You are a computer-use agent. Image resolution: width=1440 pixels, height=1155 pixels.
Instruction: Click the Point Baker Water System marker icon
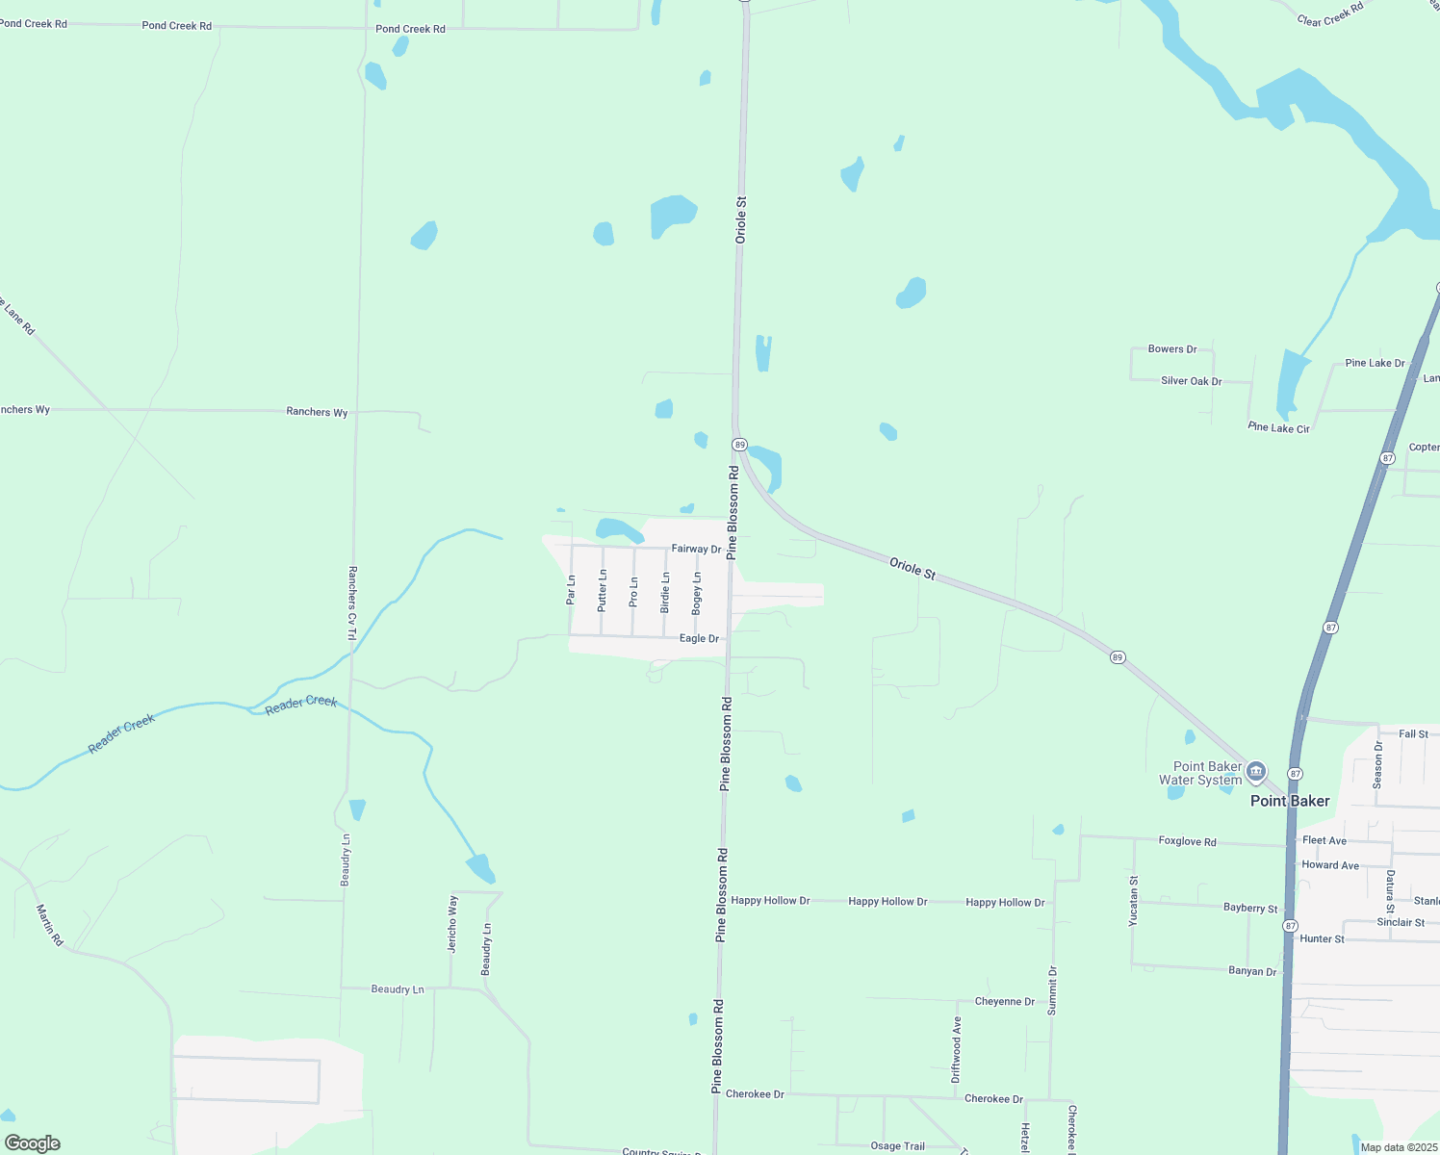coord(1256,772)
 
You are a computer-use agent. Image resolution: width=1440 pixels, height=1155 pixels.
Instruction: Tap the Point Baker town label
coord(1290,801)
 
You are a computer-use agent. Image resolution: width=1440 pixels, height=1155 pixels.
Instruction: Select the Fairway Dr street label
coord(696,549)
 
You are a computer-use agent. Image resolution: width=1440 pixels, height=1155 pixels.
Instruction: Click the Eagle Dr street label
coord(699,638)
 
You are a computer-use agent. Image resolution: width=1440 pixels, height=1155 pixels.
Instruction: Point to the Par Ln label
coord(571,589)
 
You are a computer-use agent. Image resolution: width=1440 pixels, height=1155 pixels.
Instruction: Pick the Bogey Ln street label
coord(697,593)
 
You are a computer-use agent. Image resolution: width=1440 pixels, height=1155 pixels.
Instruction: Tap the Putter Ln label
coord(603,590)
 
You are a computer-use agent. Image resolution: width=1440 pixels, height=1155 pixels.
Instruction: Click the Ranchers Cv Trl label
coord(352,603)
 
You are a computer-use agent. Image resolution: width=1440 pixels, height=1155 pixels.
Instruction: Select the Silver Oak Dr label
coord(1191,381)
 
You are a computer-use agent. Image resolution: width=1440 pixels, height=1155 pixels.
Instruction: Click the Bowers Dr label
coord(1172,349)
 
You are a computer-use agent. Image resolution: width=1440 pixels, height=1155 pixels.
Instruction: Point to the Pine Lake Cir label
coord(1278,427)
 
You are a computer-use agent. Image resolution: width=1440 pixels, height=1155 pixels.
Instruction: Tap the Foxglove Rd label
coord(1187,841)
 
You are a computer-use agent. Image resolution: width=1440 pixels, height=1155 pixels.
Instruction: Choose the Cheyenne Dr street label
coord(1004,1001)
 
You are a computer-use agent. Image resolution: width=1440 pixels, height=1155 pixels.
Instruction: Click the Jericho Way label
coord(452,924)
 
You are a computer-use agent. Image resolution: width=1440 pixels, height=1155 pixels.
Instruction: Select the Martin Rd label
coord(49,925)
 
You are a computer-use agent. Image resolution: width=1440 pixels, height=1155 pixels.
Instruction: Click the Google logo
coord(33,1143)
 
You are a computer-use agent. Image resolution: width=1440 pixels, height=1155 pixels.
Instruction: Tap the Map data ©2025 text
coord(1398,1147)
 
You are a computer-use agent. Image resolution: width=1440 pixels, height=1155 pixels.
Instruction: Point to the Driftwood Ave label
coord(957,1049)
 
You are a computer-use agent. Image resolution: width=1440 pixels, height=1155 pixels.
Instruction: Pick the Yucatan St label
coord(1134,901)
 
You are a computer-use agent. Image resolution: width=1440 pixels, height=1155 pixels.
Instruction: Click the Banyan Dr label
coord(1252,971)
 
